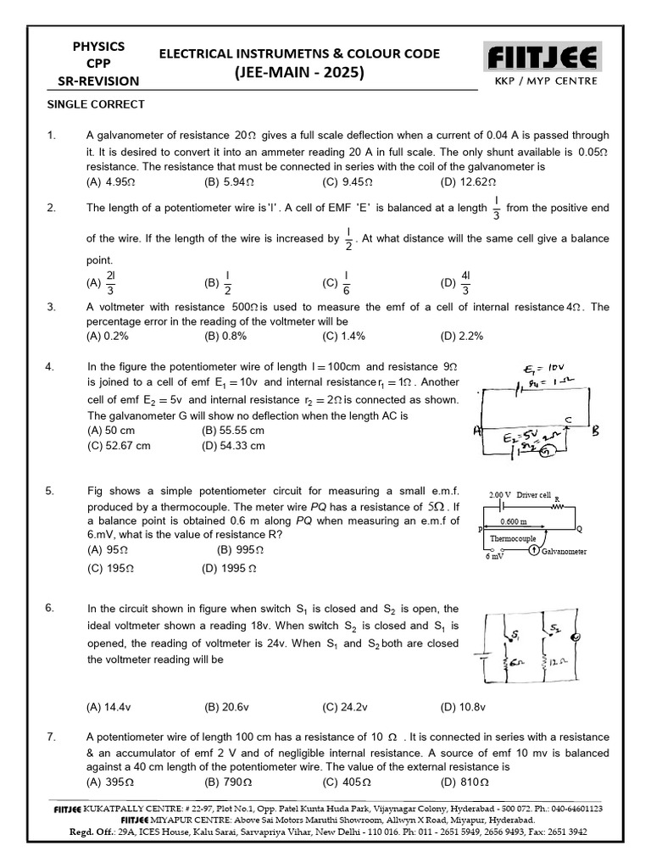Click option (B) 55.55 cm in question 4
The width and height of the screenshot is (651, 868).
233,431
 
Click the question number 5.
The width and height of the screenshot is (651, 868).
51,490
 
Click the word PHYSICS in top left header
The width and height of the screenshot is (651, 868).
99,47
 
